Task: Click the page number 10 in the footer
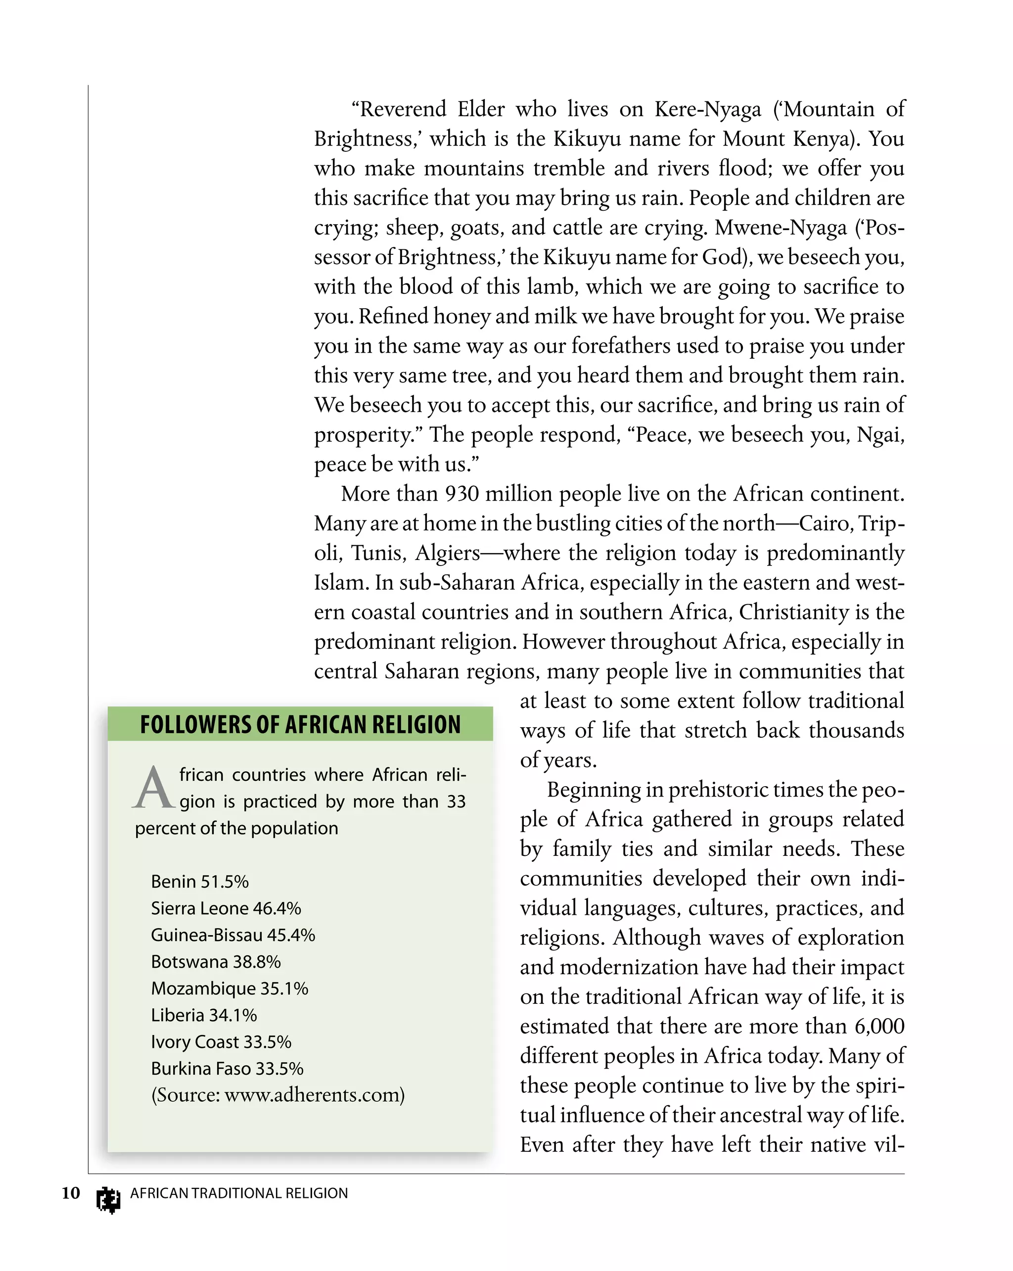71,1193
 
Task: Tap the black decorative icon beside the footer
108,1199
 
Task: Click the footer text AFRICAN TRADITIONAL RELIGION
239,1193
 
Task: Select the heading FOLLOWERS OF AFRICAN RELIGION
300,724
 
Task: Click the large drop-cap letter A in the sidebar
153,788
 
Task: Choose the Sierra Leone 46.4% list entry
226,908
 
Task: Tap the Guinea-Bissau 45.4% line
233,935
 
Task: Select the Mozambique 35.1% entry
229,988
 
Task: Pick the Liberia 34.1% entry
204,1015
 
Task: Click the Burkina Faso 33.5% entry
227,1068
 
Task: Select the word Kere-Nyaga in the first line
708,110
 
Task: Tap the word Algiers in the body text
447,553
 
